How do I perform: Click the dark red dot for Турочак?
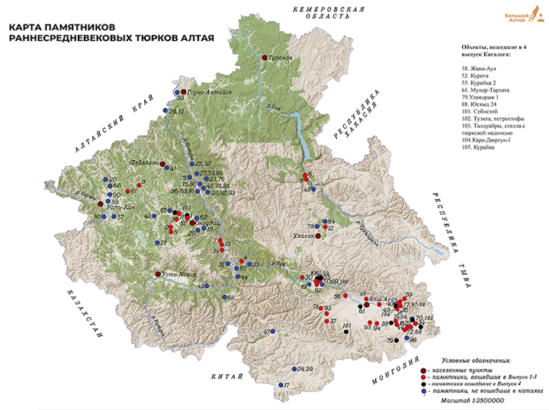265,58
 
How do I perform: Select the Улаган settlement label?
303,237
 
